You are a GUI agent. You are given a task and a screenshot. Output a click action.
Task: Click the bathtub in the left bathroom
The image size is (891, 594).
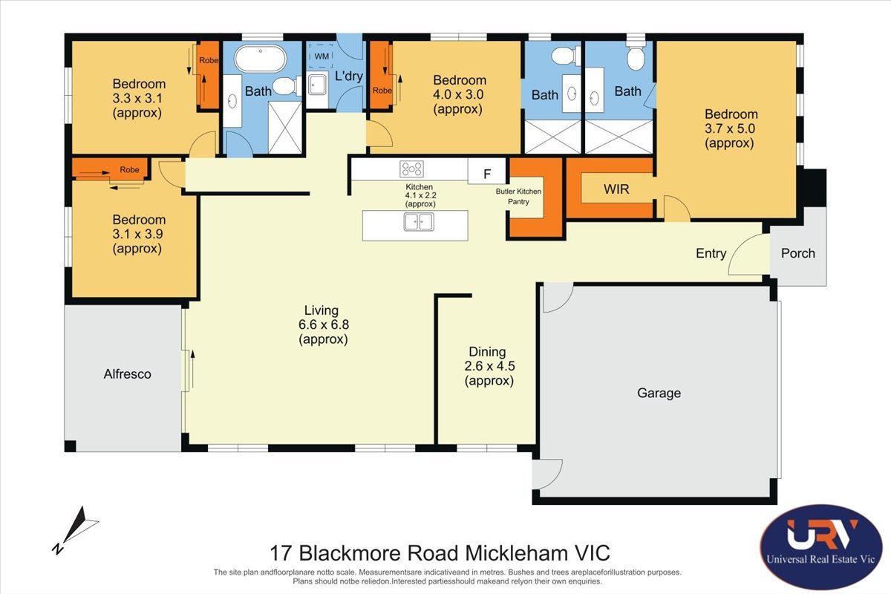click(x=261, y=59)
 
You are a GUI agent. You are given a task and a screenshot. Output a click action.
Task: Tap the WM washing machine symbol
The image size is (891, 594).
click(x=322, y=56)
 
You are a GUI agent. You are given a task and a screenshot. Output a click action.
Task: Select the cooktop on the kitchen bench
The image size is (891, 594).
click(x=411, y=169)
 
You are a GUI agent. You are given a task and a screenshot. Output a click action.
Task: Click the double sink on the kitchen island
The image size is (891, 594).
click(x=419, y=221)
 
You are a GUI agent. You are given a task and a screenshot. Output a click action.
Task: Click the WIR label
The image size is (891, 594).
click(x=616, y=189)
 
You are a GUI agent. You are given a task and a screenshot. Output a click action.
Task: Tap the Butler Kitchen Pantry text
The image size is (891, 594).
click(x=518, y=197)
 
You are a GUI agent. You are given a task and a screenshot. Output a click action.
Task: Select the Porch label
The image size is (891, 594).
click(x=797, y=253)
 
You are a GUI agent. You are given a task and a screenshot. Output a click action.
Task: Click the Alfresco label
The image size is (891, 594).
click(x=127, y=374)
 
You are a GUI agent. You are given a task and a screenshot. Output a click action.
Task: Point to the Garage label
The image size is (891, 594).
click(x=659, y=393)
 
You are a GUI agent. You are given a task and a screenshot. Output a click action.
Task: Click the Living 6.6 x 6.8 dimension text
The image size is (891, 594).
click(x=324, y=324)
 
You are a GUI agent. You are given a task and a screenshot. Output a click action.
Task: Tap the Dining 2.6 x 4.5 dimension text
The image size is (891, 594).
click(x=489, y=366)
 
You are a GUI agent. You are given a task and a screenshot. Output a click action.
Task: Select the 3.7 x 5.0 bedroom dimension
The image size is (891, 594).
click(x=729, y=128)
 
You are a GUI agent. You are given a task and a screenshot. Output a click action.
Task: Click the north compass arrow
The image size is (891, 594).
click(x=76, y=530)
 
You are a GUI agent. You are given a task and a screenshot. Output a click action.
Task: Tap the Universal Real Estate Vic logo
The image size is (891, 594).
click(x=821, y=546)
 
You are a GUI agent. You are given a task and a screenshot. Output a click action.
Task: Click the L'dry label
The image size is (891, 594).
click(x=348, y=76)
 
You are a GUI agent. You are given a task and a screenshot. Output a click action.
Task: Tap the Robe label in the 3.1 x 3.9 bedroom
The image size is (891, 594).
click(x=129, y=170)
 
